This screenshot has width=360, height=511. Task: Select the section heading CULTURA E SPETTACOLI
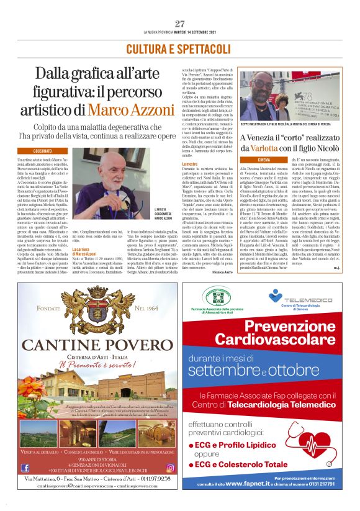[x=179, y=48]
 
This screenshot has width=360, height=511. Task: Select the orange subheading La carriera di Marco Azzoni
[x=84, y=251]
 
